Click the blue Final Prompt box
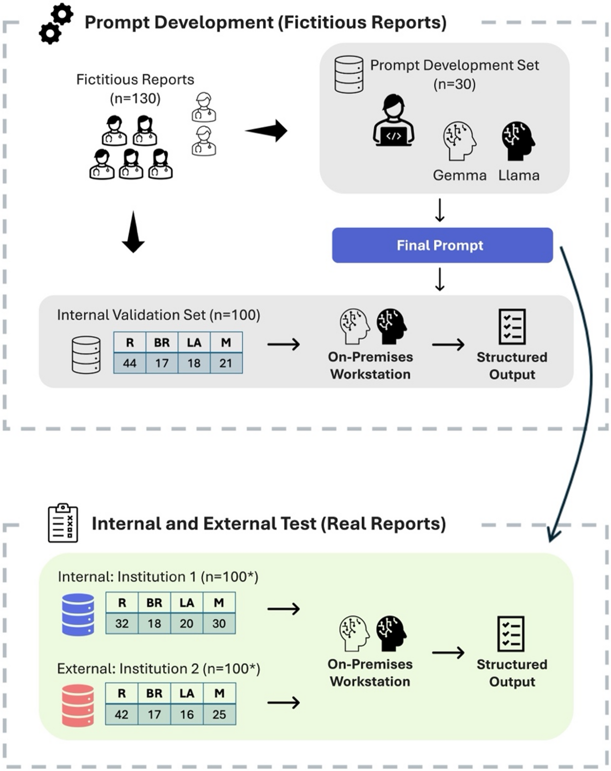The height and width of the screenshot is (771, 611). point(442,245)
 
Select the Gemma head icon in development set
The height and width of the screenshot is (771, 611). point(459,141)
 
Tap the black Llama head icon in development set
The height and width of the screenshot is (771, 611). point(518,141)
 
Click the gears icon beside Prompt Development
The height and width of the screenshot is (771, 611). point(56,24)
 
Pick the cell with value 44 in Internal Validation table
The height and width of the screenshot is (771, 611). point(129,363)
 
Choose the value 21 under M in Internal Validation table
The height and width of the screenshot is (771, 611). point(226,363)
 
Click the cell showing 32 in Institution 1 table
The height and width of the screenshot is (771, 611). point(122,623)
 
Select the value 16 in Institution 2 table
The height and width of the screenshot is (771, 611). point(187,714)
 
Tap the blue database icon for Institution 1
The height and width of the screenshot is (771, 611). point(78,614)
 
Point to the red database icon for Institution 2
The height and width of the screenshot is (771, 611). point(78,705)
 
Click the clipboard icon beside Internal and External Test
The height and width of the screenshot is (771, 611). point(63,523)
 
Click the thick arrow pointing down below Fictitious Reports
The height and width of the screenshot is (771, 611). point(133,232)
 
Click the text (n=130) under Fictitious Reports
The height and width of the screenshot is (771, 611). point(135,99)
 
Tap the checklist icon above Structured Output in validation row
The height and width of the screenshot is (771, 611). point(512,327)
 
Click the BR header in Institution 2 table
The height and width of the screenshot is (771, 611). point(154,693)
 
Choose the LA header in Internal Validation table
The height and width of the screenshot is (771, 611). point(194,343)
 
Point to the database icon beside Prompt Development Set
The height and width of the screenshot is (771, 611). point(349,75)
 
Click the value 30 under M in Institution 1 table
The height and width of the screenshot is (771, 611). point(219,623)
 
